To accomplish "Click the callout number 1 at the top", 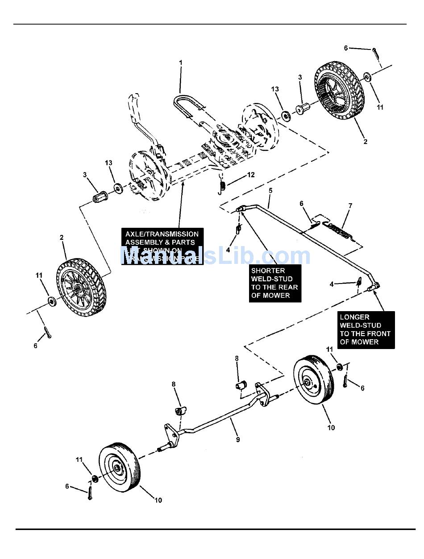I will [181, 63].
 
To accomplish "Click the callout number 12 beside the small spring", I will [251, 175].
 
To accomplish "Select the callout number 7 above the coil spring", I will [350, 206].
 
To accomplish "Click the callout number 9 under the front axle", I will [238, 440].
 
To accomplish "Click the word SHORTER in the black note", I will [268, 271].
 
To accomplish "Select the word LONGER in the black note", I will [355, 317].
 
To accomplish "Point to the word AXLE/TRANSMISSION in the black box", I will [162, 234].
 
